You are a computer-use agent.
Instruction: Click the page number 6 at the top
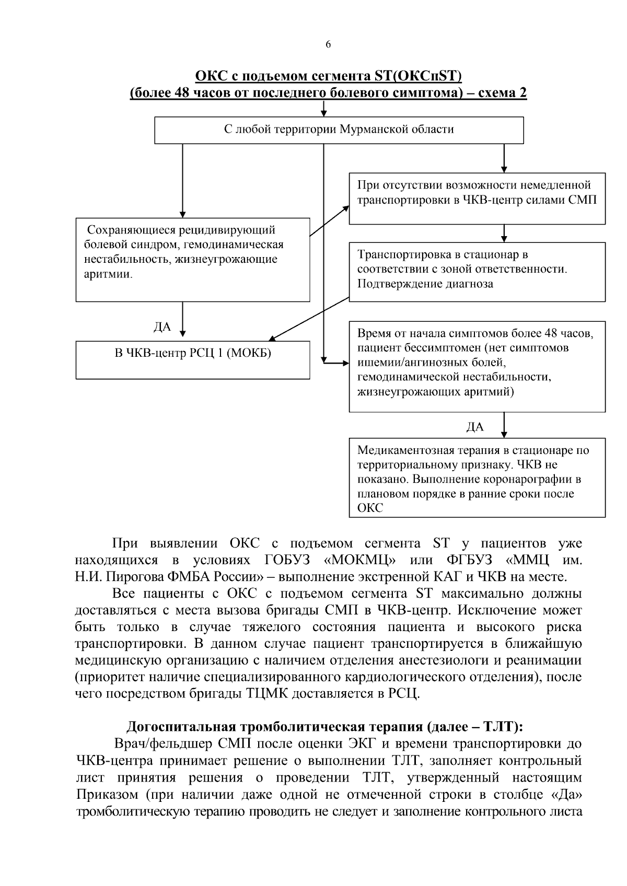(328, 44)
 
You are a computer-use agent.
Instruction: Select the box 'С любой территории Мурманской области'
(339, 130)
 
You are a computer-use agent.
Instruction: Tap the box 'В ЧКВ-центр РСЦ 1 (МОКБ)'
(193, 359)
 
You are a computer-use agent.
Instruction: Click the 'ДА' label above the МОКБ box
(162, 327)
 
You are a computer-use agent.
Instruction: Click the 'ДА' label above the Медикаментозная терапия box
(475, 427)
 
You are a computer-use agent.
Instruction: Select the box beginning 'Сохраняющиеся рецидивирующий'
(193, 260)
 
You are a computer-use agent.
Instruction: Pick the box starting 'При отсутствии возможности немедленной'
(477, 199)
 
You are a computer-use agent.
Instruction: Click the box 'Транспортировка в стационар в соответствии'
(477, 272)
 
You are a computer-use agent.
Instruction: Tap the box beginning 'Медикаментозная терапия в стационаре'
(477, 478)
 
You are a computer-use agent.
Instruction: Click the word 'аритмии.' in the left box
(109, 274)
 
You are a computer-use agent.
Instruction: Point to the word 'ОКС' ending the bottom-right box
(370, 508)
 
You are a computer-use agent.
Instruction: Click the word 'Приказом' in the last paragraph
(106, 794)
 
